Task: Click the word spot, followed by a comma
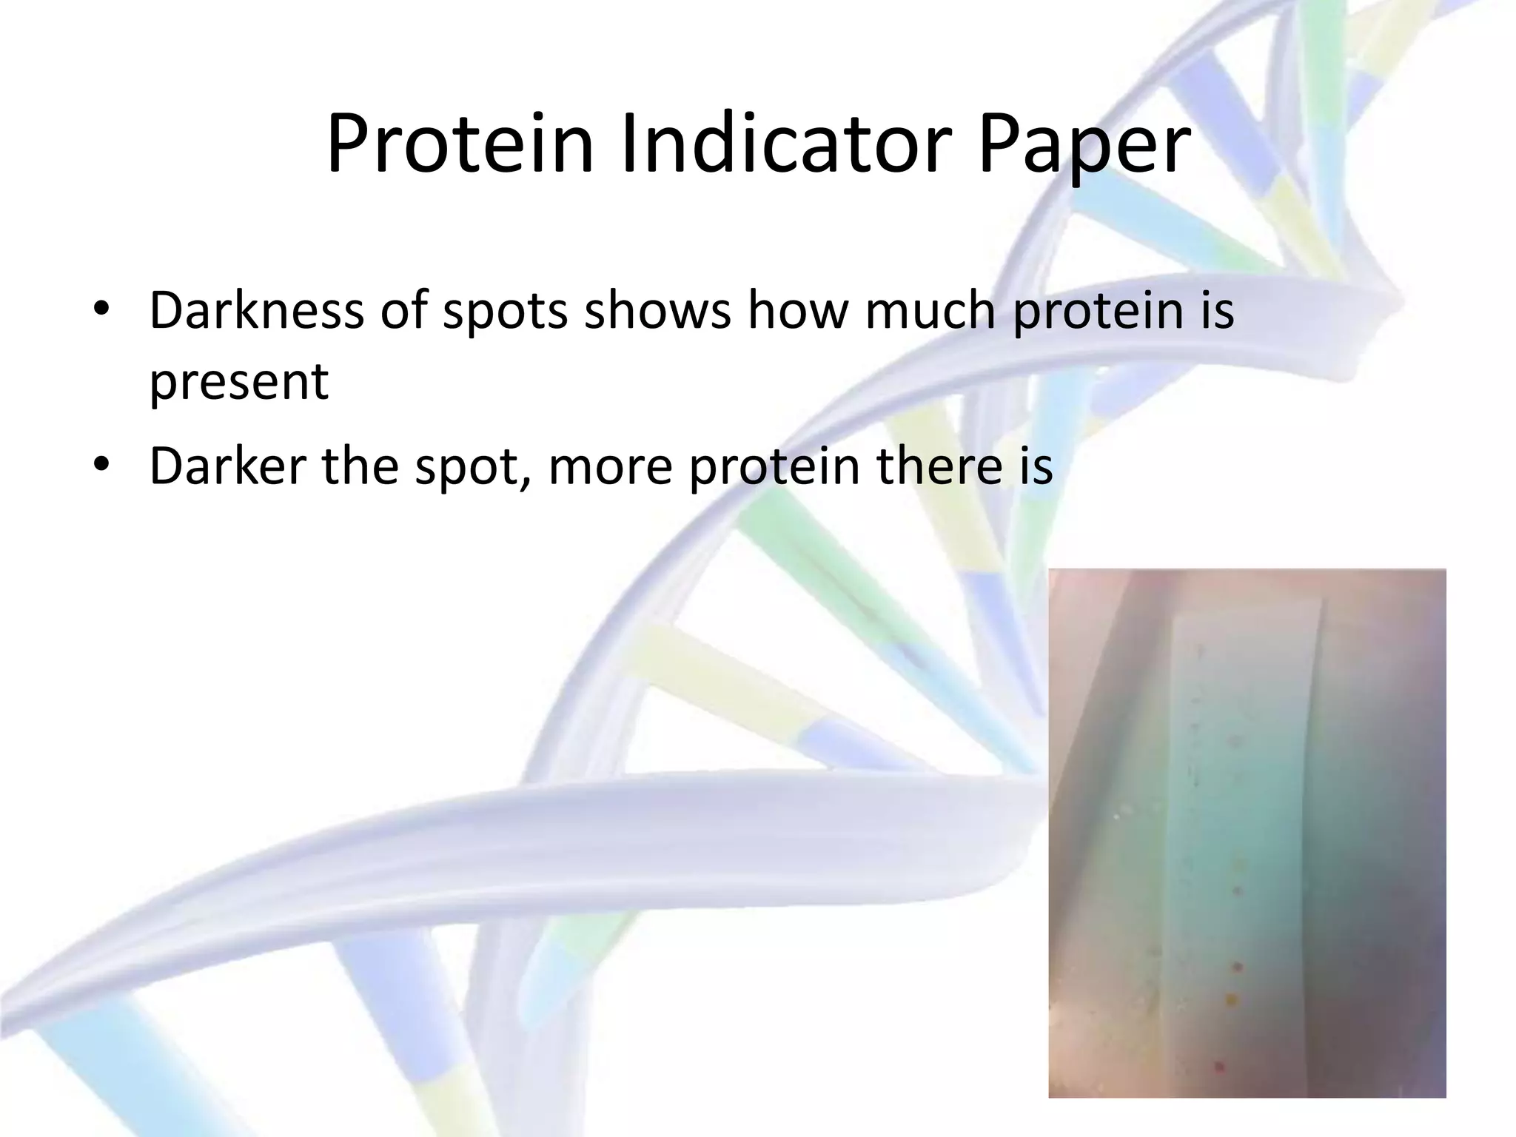pos(474,467)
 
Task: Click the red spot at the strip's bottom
pos(1219,1067)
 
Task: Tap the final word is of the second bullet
pos(1035,466)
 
